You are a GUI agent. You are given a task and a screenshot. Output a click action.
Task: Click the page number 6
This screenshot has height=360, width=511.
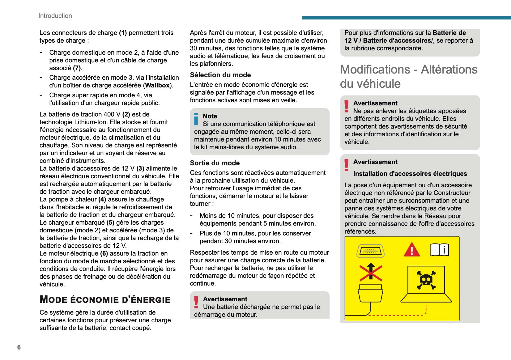tap(19, 347)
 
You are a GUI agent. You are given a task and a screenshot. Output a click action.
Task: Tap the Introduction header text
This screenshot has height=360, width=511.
tap(55, 16)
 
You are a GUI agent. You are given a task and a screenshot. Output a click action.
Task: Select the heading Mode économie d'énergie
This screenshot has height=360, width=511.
tap(105, 299)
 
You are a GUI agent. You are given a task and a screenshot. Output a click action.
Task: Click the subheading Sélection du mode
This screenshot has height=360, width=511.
tap(220, 75)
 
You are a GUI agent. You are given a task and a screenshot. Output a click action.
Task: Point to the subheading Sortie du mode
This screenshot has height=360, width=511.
tap(215, 163)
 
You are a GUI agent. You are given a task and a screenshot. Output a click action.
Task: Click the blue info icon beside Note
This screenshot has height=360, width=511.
tap(196, 119)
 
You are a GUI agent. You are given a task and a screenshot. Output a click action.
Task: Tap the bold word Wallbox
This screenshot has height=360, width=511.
tap(157, 85)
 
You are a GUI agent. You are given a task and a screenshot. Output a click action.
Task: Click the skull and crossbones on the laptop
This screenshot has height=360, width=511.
tap(426, 280)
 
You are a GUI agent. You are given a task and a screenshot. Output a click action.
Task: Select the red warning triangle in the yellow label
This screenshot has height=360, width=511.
tap(412, 250)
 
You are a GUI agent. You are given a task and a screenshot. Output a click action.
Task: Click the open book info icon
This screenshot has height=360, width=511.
tap(440, 250)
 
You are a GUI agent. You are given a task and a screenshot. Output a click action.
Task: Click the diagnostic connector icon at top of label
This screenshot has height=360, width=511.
tap(370, 251)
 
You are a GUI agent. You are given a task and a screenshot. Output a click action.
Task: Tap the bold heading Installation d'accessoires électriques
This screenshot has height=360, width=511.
tap(410, 174)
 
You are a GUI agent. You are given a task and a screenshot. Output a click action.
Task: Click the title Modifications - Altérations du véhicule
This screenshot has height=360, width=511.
tap(409, 76)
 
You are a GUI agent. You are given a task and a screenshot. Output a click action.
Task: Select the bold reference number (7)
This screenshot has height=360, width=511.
tap(77, 68)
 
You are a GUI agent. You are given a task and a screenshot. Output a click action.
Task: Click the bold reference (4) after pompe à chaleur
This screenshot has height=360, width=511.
tap(102, 199)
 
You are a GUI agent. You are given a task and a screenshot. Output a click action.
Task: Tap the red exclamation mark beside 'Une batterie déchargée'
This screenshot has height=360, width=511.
tap(196, 302)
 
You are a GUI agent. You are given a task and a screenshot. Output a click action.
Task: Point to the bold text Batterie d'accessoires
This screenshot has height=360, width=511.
tap(397, 40)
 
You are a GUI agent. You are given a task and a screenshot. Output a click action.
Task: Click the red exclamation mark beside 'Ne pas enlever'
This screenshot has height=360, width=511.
tap(347, 106)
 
